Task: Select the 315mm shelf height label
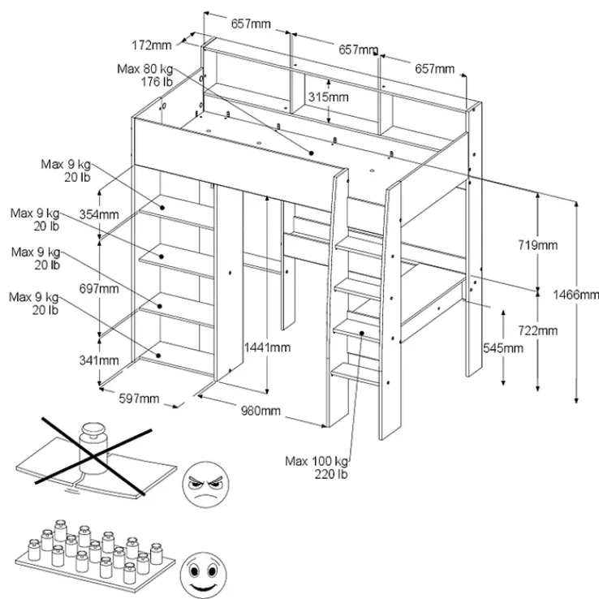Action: pos(328,97)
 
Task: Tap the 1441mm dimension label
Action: pos(267,347)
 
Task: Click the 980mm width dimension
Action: pos(261,411)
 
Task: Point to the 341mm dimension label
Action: pos(98,360)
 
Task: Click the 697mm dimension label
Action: pos(98,288)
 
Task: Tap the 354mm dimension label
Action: pos(98,214)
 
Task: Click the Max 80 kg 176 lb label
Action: pos(145,75)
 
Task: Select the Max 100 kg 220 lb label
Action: pos(316,468)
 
